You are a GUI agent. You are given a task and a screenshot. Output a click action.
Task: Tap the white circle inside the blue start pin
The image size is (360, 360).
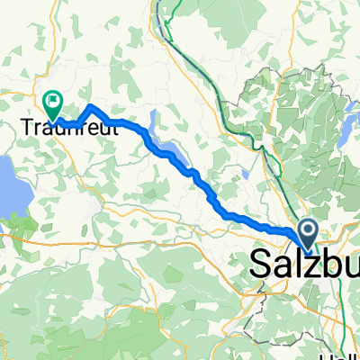click(x=308, y=230)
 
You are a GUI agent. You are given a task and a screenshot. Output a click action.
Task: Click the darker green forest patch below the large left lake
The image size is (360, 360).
click(x=22, y=221)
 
